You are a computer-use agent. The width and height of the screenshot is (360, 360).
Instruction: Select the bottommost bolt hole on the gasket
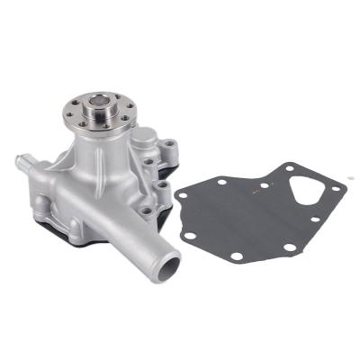pyautogui.click(x=236, y=256)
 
